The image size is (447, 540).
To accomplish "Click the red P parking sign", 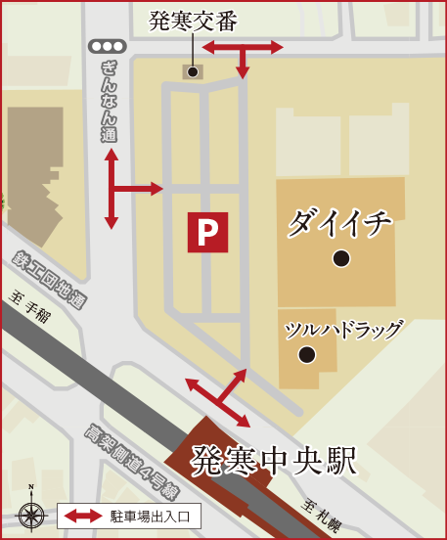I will click(x=207, y=233).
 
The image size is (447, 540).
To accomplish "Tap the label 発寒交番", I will click(x=194, y=22).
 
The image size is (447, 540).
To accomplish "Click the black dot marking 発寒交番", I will click(x=193, y=71).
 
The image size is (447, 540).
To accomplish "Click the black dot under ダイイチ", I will click(x=340, y=258).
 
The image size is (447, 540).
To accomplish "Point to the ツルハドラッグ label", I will click(x=342, y=330).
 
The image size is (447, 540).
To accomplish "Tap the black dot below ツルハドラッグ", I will click(x=306, y=354).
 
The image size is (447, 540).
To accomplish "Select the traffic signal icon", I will click(x=107, y=46).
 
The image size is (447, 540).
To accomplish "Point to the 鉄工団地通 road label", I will click(x=50, y=279).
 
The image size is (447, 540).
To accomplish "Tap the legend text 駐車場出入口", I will click(x=155, y=515).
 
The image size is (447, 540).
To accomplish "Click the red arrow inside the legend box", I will click(x=84, y=515).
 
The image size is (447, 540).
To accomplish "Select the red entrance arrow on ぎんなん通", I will click(x=123, y=189).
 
